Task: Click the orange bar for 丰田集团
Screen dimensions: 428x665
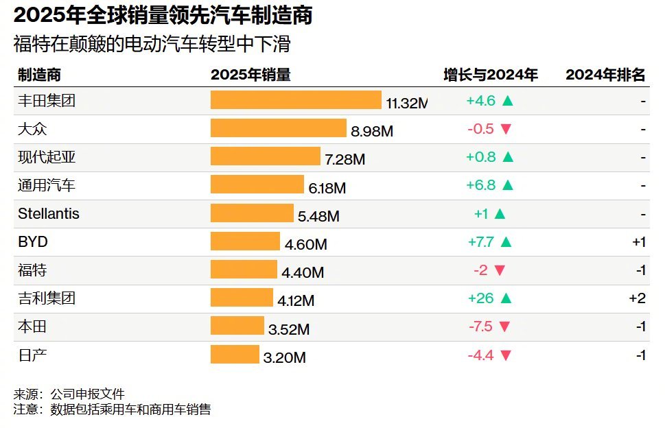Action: click(x=295, y=100)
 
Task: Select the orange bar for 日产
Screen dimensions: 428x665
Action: click(x=235, y=354)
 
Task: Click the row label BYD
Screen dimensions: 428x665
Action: click(x=33, y=242)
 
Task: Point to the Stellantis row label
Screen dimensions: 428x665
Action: click(x=49, y=213)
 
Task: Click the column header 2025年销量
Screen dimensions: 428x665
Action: click(x=250, y=75)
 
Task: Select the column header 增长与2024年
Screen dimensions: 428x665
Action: click(x=490, y=75)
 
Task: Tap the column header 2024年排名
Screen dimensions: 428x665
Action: click(x=605, y=75)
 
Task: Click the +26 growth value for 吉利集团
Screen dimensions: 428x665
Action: click(x=480, y=298)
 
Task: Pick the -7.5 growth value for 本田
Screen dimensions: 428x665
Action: click(x=480, y=326)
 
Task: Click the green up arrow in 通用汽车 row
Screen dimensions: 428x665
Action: click(x=507, y=185)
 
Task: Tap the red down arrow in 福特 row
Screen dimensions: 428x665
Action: click(x=499, y=270)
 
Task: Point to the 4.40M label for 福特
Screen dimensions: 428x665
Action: click(x=303, y=272)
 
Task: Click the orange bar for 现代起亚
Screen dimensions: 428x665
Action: click(x=265, y=156)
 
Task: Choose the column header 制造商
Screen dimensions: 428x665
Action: click(x=39, y=75)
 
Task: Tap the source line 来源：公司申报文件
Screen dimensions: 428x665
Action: click(x=69, y=394)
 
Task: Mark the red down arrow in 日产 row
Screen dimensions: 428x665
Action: click(x=506, y=355)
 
